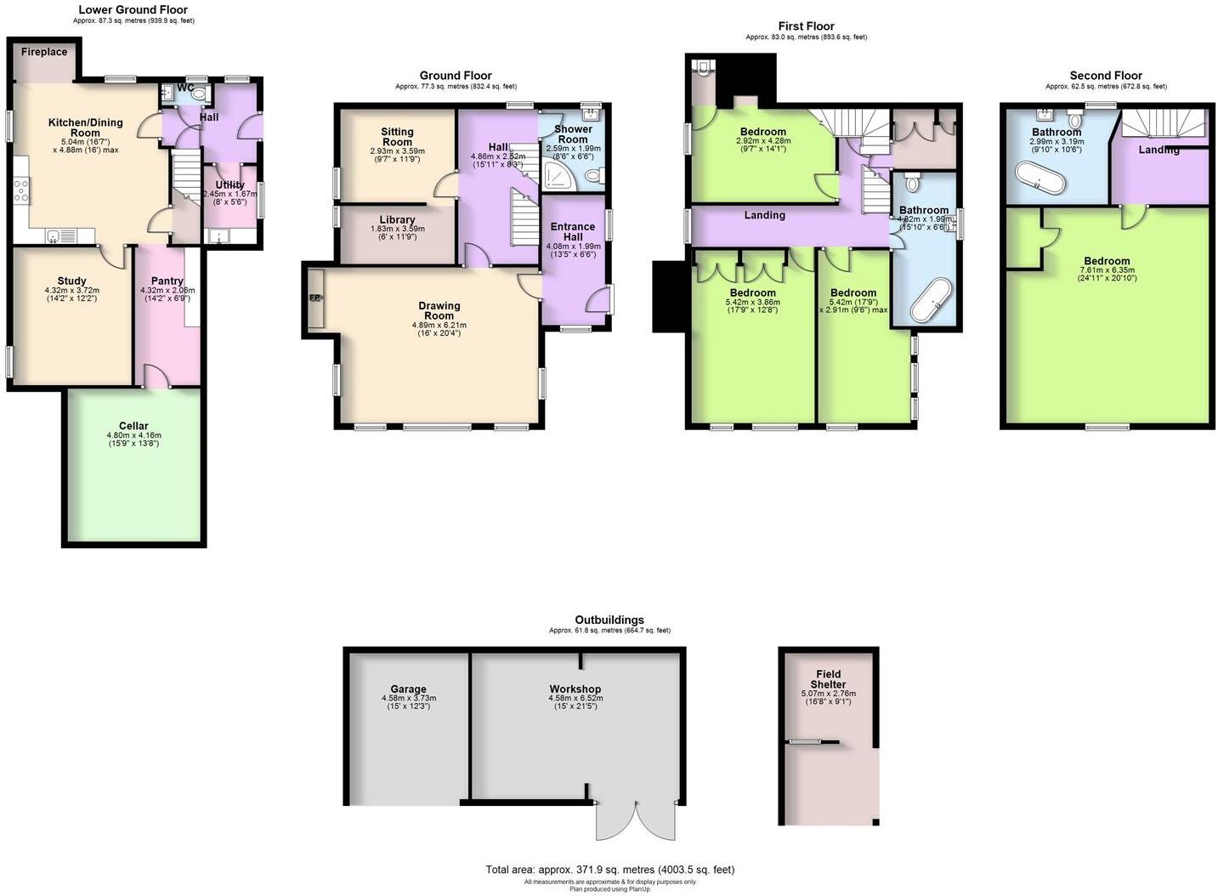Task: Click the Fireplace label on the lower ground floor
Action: click(x=44, y=52)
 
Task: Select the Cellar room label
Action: click(x=133, y=426)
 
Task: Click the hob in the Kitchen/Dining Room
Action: click(x=21, y=191)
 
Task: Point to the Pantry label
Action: click(x=167, y=281)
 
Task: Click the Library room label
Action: click(x=397, y=219)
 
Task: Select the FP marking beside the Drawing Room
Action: click(x=314, y=298)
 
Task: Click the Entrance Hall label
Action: click(x=573, y=231)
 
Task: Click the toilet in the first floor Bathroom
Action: click(x=913, y=181)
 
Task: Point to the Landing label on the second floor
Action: click(x=1159, y=150)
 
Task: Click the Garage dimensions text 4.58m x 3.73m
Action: click(x=408, y=698)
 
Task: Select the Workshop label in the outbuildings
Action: click(x=575, y=689)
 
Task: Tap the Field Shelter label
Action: click(x=828, y=679)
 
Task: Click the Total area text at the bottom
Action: click(x=609, y=870)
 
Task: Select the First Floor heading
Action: click(x=806, y=26)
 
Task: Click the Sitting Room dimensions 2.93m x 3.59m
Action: click(x=397, y=150)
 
